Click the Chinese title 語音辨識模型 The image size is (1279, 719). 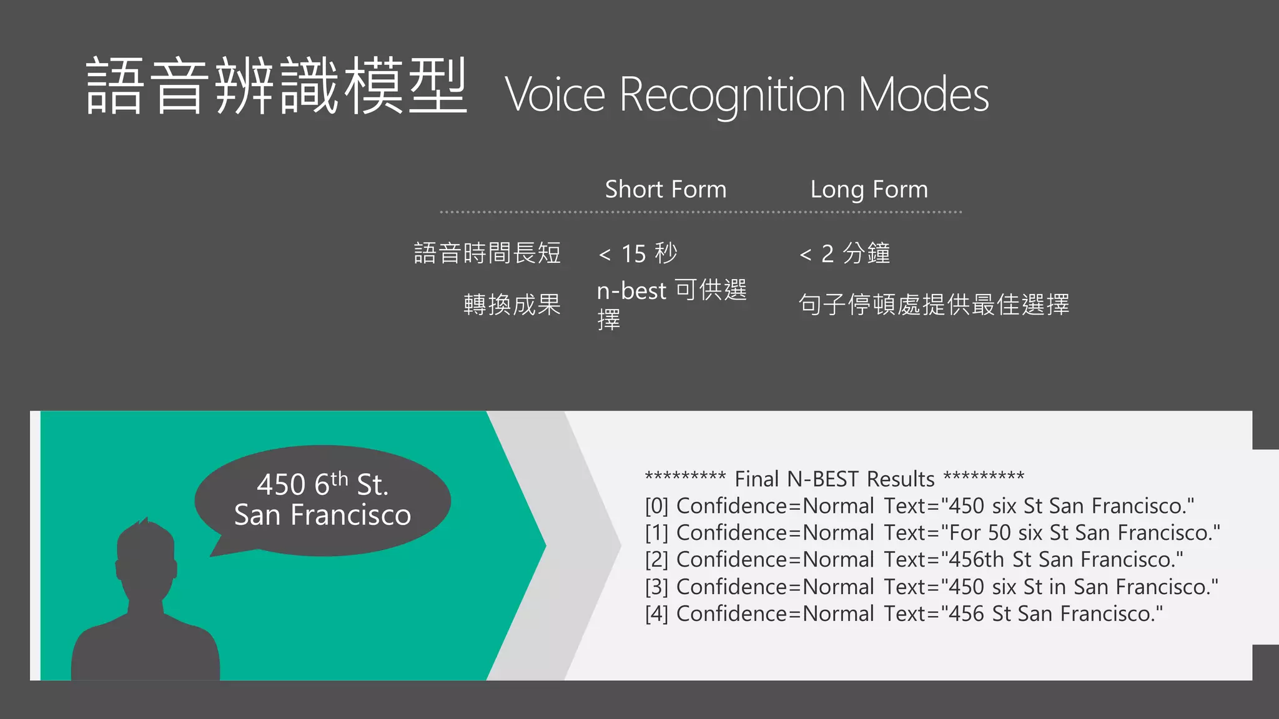pos(276,86)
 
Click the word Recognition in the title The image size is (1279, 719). pos(732,95)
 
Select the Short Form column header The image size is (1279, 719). pos(665,189)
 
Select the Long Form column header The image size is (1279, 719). pos(869,189)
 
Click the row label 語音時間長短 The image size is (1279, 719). pos(487,253)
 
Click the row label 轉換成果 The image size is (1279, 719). pos(511,305)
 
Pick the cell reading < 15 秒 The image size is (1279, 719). pos(638,253)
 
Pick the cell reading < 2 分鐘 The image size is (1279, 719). pos(844,253)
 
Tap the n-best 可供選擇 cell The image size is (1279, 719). pos(671,304)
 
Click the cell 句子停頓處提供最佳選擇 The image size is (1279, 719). pos(934,305)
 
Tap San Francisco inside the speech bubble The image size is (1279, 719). pos(322,516)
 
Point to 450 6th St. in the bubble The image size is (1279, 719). pos(322,484)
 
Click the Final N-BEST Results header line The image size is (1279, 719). pos(834,479)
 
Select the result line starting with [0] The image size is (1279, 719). pos(919,506)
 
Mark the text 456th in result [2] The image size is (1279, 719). pos(976,560)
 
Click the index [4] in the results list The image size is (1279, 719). pos(656,614)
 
